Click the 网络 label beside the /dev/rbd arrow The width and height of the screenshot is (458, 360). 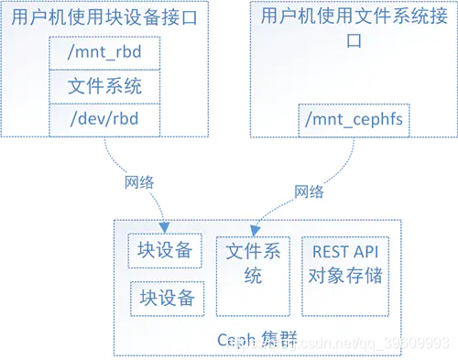coord(140,180)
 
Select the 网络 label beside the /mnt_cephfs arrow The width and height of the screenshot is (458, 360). coord(309,191)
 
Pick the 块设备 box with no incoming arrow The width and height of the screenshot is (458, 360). coord(166,297)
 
